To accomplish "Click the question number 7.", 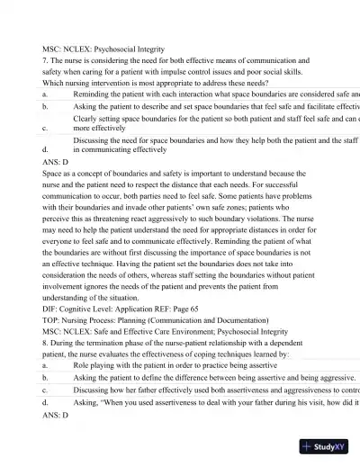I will pos(45,60).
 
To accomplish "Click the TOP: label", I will pos(51,319).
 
